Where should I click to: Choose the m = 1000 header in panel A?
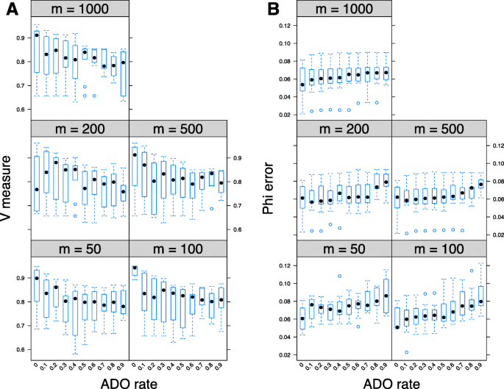(x=79, y=9)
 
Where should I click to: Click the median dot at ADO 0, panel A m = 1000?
(x=37, y=35)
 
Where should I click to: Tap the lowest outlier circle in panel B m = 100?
(x=406, y=353)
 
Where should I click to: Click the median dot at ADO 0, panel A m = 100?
(x=135, y=268)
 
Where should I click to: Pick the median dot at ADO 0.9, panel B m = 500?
(x=480, y=184)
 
